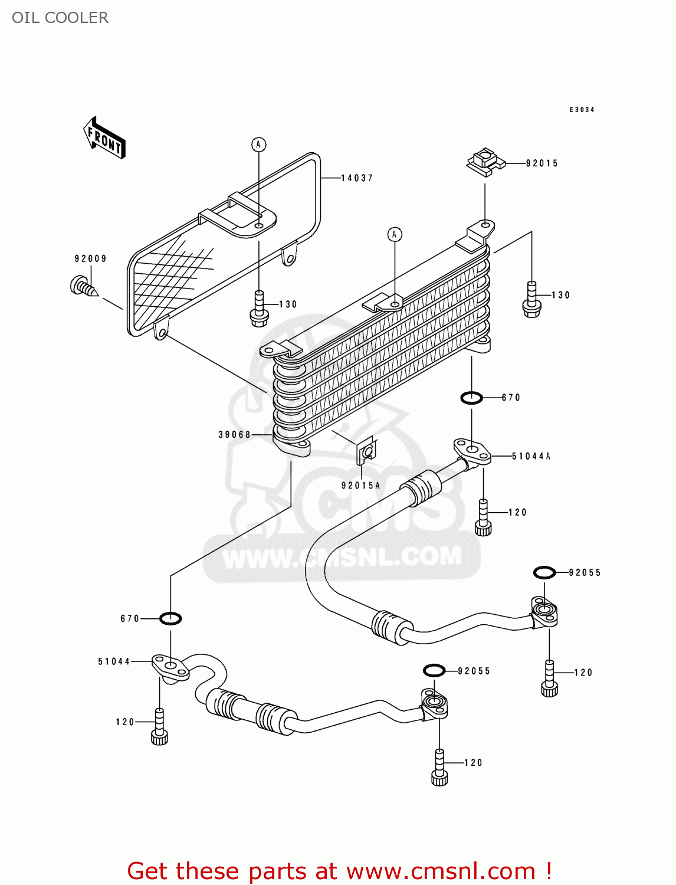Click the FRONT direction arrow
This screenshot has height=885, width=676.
(105, 138)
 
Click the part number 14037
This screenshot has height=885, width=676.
(357, 178)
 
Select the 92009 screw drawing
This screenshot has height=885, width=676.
(83, 287)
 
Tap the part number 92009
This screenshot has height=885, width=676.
(90, 258)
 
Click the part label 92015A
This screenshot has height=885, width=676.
(360, 486)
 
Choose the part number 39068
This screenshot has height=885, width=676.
(234, 435)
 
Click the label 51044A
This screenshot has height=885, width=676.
(531, 456)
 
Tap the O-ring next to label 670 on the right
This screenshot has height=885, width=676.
(471, 398)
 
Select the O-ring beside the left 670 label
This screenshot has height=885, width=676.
(170, 618)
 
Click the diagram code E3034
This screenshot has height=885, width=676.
(582, 110)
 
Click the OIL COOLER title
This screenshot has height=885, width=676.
(60, 18)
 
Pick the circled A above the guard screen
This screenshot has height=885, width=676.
(258, 145)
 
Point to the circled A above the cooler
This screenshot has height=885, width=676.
(395, 234)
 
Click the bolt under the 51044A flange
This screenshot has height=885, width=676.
(483, 518)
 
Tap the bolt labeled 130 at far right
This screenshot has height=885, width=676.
(531, 300)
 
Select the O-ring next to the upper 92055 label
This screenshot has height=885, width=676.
(544, 572)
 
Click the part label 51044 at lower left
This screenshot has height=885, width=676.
(114, 662)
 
